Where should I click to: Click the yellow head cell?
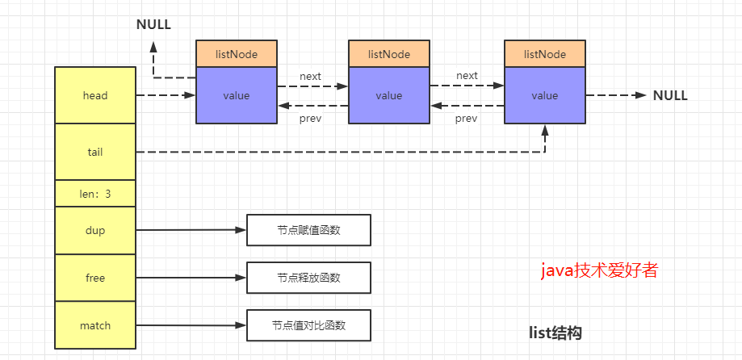(94, 95)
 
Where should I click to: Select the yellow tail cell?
(94, 152)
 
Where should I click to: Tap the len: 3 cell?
(94, 194)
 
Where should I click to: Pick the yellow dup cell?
(94, 230)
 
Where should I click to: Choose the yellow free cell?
(94, 278)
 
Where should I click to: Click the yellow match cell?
(94, 325)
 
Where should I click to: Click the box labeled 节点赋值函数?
(308, 230)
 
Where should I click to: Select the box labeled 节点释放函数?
(308, 278)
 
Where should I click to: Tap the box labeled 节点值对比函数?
(308, 325)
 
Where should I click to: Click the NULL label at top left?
(153, 23)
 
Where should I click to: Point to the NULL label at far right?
(670, 95)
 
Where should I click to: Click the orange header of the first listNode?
(237, 54)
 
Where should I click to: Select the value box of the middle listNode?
(388, 95)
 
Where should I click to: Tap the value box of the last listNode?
(544, 95)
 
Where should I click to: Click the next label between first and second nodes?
(310, 76)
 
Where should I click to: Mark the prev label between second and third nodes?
(466, 119)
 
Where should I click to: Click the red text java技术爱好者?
(599, 270)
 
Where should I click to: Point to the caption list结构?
(555, 333)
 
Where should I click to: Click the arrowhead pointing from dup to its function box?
(240, 230)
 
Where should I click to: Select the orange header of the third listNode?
(544, 54)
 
